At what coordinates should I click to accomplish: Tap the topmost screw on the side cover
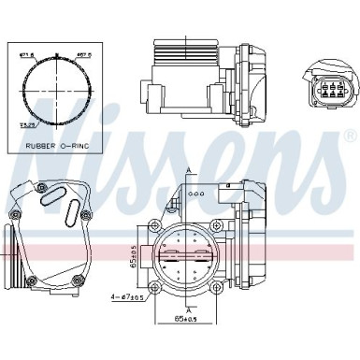click(x=43, y=186)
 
